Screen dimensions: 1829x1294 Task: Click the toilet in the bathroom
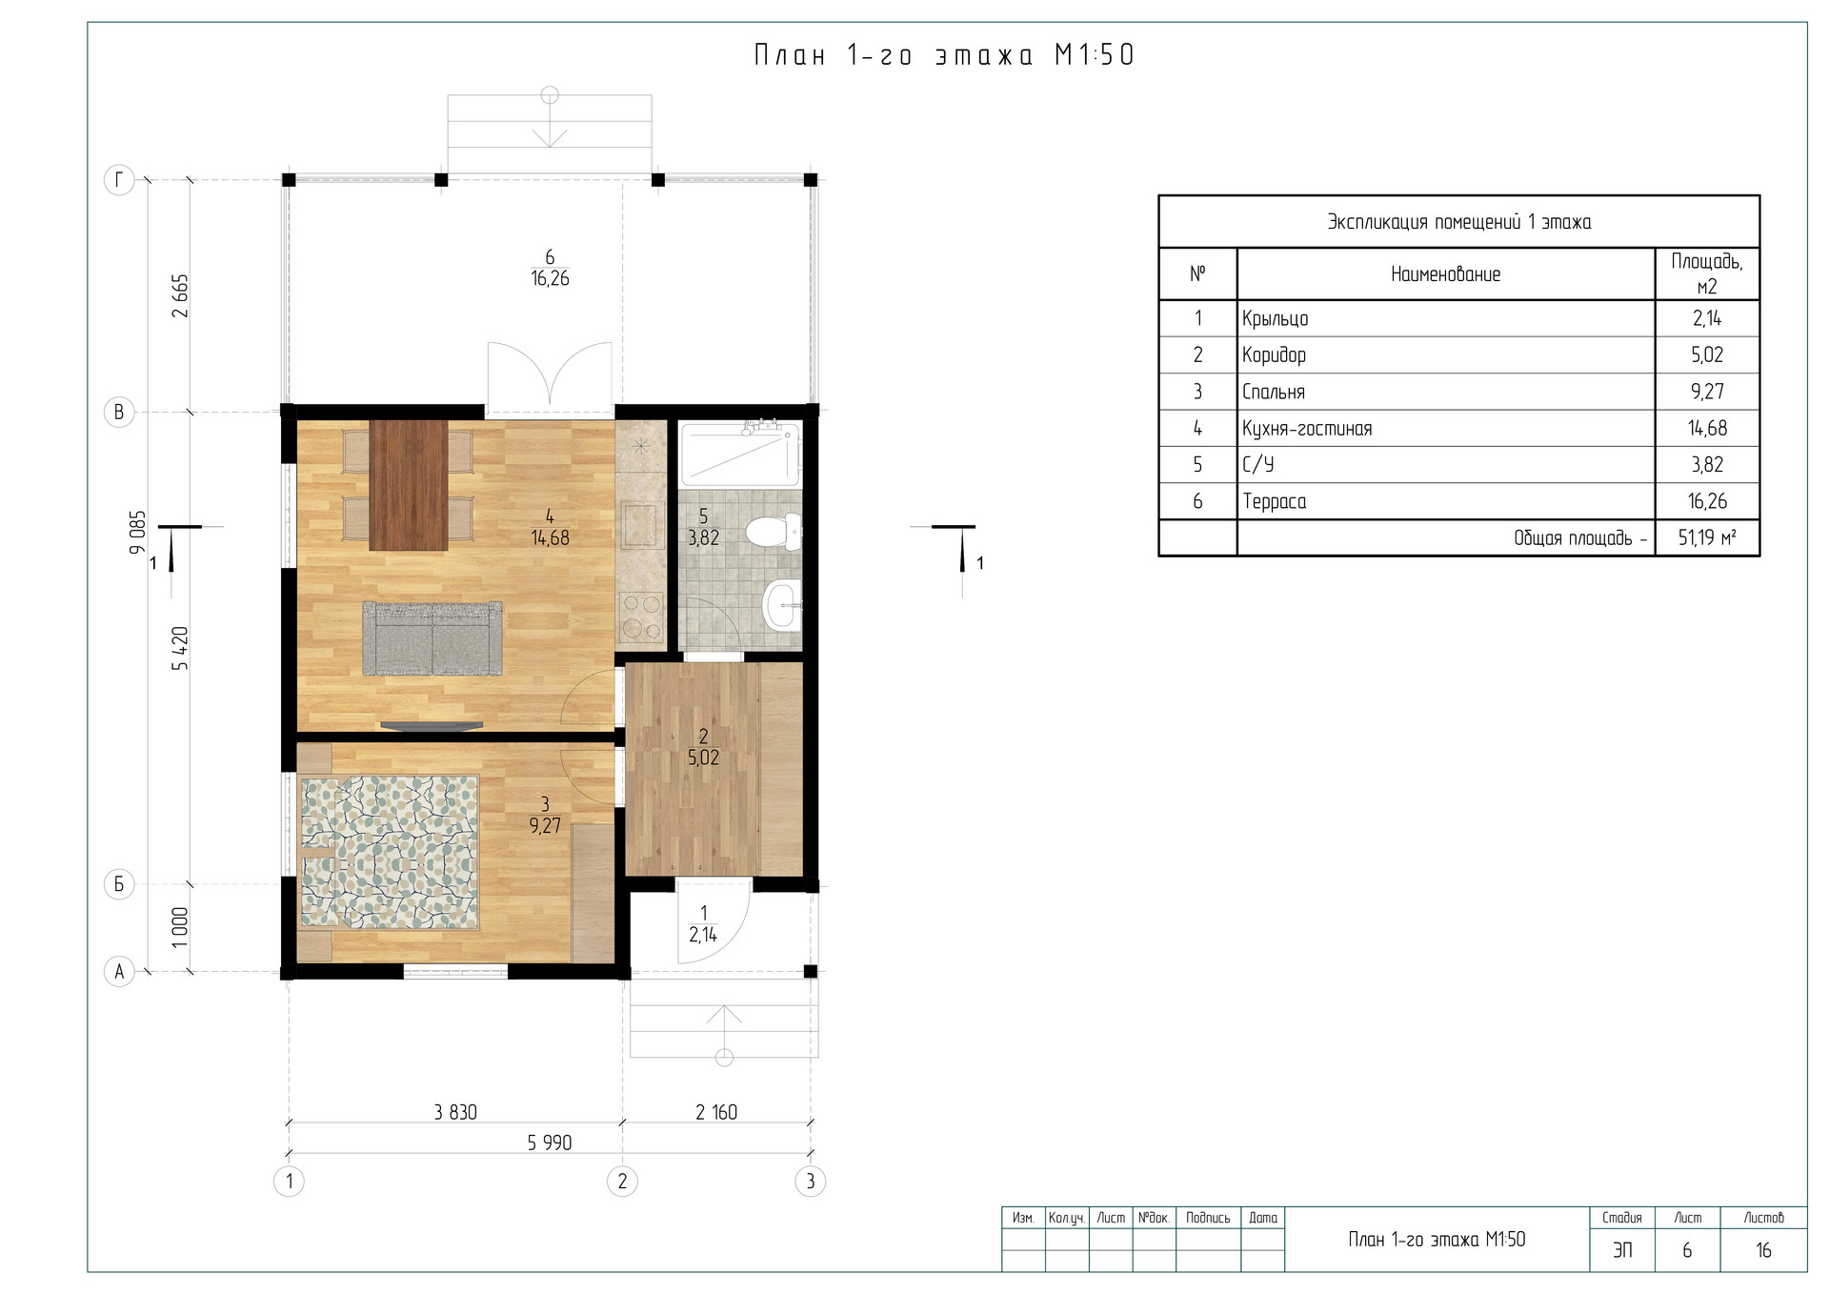[774, 531]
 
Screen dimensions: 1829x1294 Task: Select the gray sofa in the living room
[432, 638]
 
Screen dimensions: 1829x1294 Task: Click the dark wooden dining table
[409, 485]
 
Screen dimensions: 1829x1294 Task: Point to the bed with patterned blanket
[389, 852]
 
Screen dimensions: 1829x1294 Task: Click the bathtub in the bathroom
[740, 455]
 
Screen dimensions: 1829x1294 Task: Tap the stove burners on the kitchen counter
[640, 616]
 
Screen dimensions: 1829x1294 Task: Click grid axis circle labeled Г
[119, 179]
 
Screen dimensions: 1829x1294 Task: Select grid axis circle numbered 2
[622, 1182]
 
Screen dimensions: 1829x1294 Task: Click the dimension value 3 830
[455, 1112]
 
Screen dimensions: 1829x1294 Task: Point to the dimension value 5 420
[180, 648]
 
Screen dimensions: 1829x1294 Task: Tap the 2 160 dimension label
[716, 1112]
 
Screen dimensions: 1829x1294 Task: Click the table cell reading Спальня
[1274, 392]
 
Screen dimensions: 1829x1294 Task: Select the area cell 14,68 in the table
[1707, 428]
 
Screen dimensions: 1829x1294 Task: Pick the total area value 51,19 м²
[1707, 537]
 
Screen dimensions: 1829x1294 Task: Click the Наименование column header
[1445, 274]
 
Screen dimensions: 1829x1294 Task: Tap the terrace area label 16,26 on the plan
[550, 278]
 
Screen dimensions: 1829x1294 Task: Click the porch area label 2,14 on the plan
[703, 935]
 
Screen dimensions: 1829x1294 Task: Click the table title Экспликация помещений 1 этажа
[1459, 222]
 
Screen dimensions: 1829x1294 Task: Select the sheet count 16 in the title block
[1763, 1250]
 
